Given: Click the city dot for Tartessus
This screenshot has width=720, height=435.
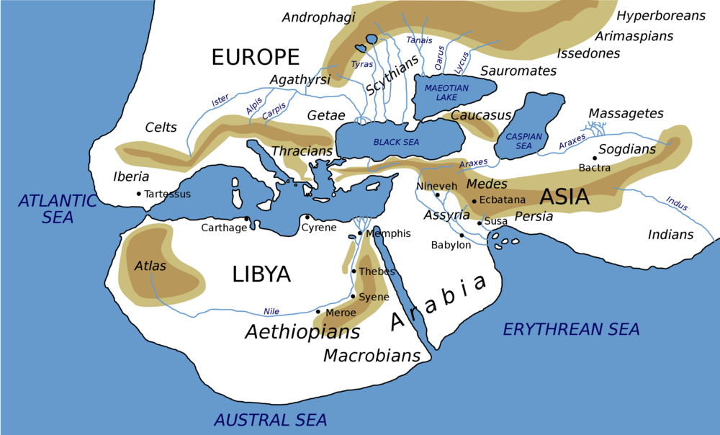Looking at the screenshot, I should click(x=139, y=194).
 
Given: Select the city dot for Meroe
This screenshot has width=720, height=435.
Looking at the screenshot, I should click(x=318, y=312).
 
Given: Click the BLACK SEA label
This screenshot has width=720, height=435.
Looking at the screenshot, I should click(x=396, y=143).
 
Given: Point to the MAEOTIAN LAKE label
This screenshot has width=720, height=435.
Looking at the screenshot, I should click(x=446, y=92).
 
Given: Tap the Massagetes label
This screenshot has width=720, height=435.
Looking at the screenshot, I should click(x=626, y=114).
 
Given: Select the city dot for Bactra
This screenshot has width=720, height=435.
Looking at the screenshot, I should click(x=595, y=158).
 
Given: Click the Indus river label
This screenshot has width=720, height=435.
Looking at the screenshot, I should click(x=677, y=203).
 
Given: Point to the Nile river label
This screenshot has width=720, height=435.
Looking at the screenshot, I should click(x=271, y=311).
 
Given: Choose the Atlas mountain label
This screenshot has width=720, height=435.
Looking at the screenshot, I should click(x=150, y=266).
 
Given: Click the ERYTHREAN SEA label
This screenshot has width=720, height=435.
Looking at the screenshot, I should click(x=571, y=330).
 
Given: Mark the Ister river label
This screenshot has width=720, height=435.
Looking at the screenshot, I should click(x=220, y=102).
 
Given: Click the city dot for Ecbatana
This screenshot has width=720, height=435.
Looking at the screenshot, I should click(x=474, y=201).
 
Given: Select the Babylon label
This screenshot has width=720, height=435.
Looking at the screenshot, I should click(x=451, y=245).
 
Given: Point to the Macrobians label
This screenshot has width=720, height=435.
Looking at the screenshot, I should click(x=372, y=355).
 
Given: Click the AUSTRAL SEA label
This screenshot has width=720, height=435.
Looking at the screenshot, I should click(x=271, y=420).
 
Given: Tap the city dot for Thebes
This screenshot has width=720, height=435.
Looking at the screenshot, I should click(x=354, y=272).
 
